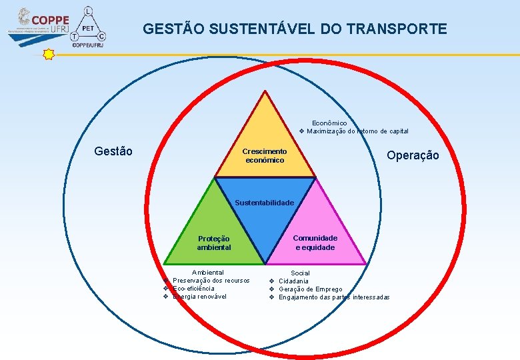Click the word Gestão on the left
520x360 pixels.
click(x=113, y=151)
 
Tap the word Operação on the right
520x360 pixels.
click(x=413, y=155)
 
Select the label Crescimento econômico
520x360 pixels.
click(x=265, y=156)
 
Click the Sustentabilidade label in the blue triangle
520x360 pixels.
click(x=265, y=202)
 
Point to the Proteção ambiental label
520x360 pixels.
click(x=214, y=243)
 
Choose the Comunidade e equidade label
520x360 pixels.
click(x=315, y=243)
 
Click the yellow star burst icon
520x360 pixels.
click(x=48, y=55)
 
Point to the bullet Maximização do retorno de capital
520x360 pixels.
click(x=357, y=131)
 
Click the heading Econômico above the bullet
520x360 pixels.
click(x=329, y=123)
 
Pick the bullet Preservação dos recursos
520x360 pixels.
click(x=211, y=281)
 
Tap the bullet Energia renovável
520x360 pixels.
click(x=199, y=297)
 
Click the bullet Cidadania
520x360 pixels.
click(x=293, y=281)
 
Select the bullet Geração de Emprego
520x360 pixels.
click(x=310, y=289)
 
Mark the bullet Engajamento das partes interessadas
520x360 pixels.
click(x=334, y=297)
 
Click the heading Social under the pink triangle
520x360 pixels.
click(x=300, y=273)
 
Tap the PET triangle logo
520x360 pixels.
click(x=88, y=27)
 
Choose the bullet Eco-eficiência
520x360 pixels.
click(x=193, y=289)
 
